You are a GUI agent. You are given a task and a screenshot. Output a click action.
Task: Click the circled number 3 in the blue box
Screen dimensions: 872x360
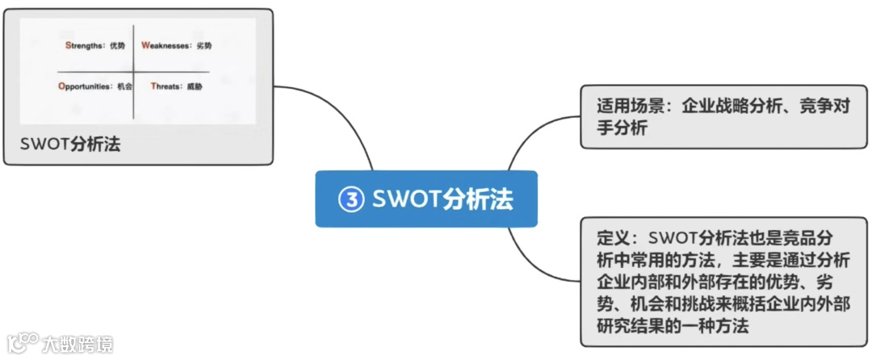point(351,199)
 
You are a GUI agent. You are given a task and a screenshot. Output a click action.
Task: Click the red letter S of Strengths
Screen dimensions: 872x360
point(68,46)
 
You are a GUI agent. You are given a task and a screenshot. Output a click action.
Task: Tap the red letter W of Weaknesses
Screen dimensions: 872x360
point(145,46)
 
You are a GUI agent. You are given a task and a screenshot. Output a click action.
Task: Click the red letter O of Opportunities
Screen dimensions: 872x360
point(61,86)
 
